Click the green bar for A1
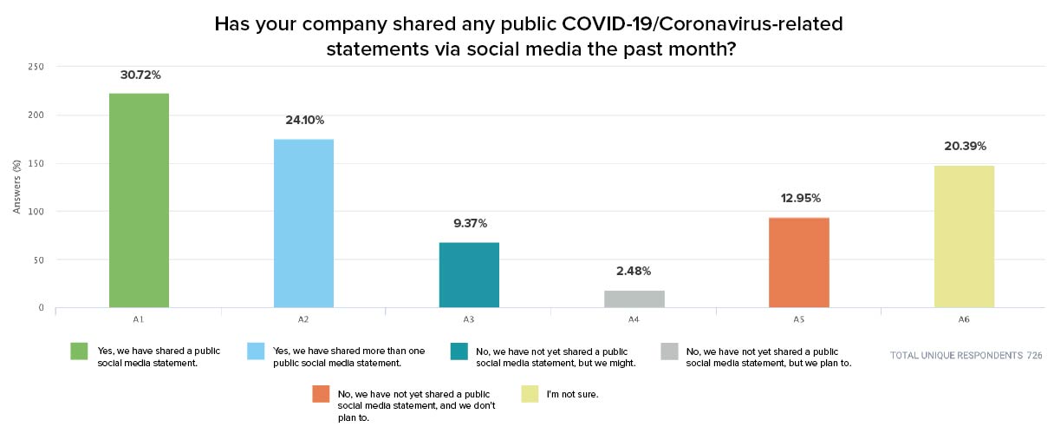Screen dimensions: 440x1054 pyautogui.click(x=139, y=200)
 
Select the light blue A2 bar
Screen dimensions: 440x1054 pyautogui.click(x=303, y=223)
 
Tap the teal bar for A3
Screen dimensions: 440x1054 pyautogui.click(x=469, y=274)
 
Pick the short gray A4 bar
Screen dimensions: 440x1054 pyautogui.click(x=634, y=299)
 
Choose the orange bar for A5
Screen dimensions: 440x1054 pyautogui.click(x=799, y=262)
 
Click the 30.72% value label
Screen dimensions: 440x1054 pyautogui.click(x=139, y=75)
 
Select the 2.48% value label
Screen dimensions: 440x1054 pyautogui.click(x=634, y=271)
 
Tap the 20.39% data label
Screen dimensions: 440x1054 pyautogui.click(x=964, y=146)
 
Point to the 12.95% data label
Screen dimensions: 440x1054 pyautogui.click(x=799, y=198)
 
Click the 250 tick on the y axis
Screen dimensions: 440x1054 pyautogui.click(x=37, y=67)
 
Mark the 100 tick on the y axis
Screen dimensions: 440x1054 pyautogui.click(x=37, y=211)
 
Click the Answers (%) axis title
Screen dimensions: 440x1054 pyautogui.click(x=16, y=187)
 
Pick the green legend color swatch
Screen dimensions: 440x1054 pyautogui.click(x=80, y=351)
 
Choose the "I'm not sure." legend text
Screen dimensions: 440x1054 pyautogui.click(x=572, y=394)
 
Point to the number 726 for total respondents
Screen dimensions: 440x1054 pyautogui.click(x=1034, y=356)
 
